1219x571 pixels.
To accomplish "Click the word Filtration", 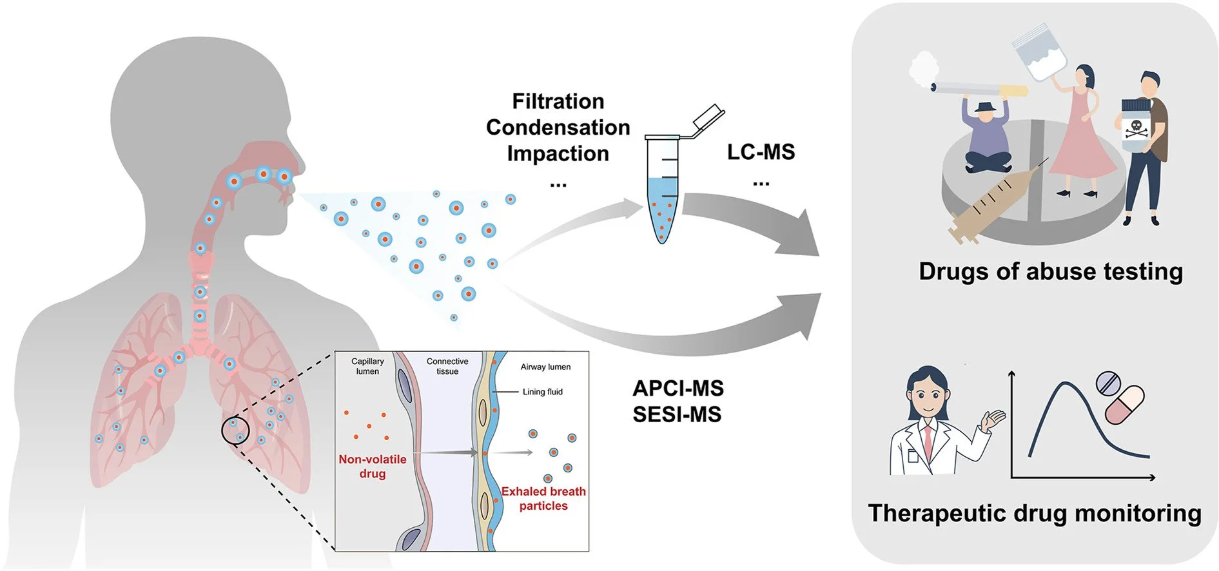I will (558, 102).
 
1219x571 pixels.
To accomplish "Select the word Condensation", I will (558, 128).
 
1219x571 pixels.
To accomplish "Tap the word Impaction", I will (558, 154).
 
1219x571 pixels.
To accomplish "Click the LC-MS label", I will (761, 152).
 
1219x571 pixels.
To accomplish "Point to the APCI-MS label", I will (678, 389).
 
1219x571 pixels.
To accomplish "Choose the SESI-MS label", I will (676, 414).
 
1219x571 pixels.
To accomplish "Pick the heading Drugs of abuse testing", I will (1050, 271).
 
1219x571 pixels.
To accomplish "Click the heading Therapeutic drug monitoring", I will (1034, 513).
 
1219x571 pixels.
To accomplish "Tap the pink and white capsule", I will (1124, 405).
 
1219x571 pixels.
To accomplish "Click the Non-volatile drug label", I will (372, 467).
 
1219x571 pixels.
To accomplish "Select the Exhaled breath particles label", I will (543, 499).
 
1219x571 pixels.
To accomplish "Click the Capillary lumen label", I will (367, 366).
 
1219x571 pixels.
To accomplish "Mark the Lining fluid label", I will (542, 392).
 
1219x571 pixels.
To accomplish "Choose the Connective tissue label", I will (447, 366).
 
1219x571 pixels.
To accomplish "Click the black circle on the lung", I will (235, 430).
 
